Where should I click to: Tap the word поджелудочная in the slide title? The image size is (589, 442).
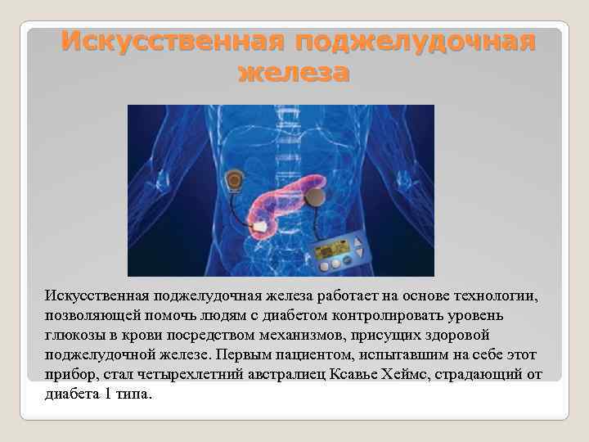click(416, 41)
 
